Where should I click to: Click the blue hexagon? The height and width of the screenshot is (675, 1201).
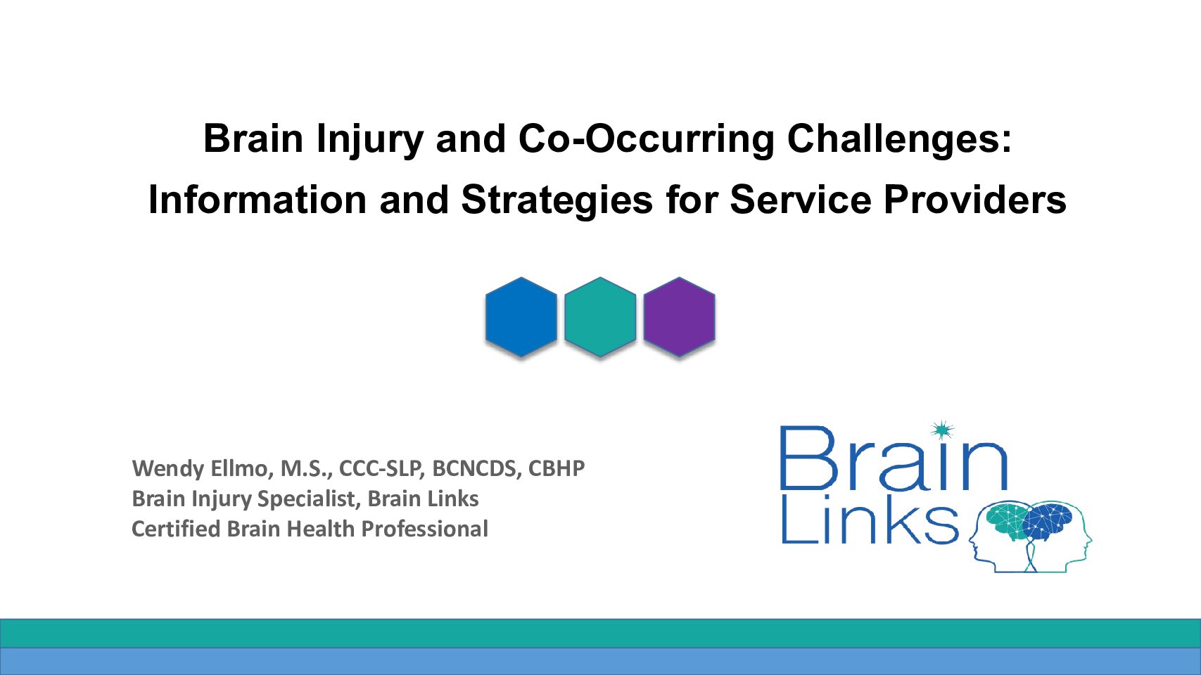[x=521, y=316]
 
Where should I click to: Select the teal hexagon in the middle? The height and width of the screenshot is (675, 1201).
[x=600, y=316]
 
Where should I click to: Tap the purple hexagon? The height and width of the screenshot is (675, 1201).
[x=680, y=316]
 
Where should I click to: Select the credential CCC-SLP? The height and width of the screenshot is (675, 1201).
[x=382, y=469]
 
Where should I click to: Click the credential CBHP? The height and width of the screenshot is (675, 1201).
[x=557, y=468]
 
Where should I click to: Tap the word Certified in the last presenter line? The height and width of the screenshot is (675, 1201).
[x=176, y=529]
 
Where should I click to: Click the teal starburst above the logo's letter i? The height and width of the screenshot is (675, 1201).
[x=942, y=430]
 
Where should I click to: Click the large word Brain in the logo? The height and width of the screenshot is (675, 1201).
[x=894, y=458]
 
